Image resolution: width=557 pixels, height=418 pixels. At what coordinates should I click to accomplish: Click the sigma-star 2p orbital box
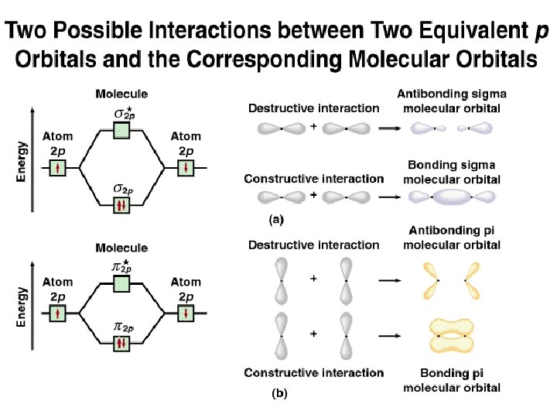click(x=121, y=129)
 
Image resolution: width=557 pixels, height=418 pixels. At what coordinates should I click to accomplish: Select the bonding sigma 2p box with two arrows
click(x=121, y=205)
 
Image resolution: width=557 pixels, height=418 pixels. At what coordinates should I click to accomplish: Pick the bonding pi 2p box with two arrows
click(x=121, y=344)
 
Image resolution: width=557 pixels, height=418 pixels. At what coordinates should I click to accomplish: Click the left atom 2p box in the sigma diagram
click(x=57, y=167)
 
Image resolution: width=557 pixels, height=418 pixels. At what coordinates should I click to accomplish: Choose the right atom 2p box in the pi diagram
click(x=186, y=313)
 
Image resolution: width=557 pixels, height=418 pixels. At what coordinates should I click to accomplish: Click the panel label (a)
click(x=277, y=220)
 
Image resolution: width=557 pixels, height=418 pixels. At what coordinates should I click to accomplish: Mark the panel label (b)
click(x=279, y=393)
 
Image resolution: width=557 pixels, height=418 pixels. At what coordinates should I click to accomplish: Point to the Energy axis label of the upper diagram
click(x=22, y=160)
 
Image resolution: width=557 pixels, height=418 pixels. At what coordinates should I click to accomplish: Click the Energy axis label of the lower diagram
click(x=22, y=307)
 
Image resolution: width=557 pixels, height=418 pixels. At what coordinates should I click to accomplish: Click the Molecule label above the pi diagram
click(x=121, y=248)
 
